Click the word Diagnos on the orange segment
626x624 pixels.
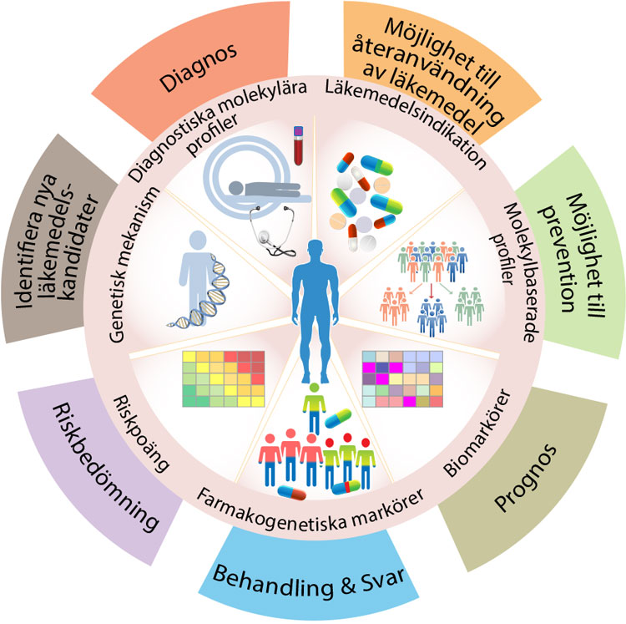point(197,59)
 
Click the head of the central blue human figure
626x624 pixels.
point(312,250)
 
